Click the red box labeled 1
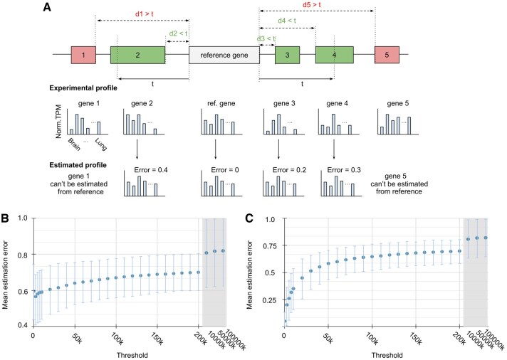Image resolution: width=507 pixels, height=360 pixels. pyautogui.click(x=83, y=54)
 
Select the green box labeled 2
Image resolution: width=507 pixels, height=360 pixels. pyautogui.click(x=138, y=54)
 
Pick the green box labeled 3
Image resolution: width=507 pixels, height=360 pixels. pyautogui.click(x=287, y=54)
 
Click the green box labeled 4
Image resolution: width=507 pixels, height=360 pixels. pyautogui.click(x=335, y=54)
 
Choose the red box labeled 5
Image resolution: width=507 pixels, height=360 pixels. pyautogui.click(x=387, y=54)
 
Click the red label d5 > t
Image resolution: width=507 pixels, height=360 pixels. pyautogui.click(x=316, y=6)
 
